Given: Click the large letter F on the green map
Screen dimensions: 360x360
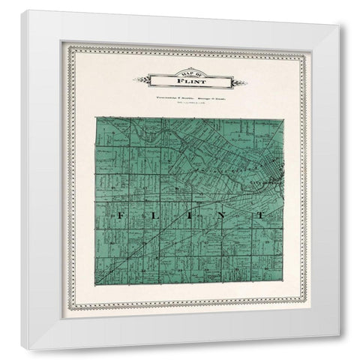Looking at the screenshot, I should click(x=118, y=217).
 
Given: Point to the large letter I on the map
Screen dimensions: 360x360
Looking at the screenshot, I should click(x=188, y=217).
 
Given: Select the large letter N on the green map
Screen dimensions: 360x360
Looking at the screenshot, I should click(x=224, y=217).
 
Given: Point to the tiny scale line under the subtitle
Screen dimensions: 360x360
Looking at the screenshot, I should click(x=180, y=103).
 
